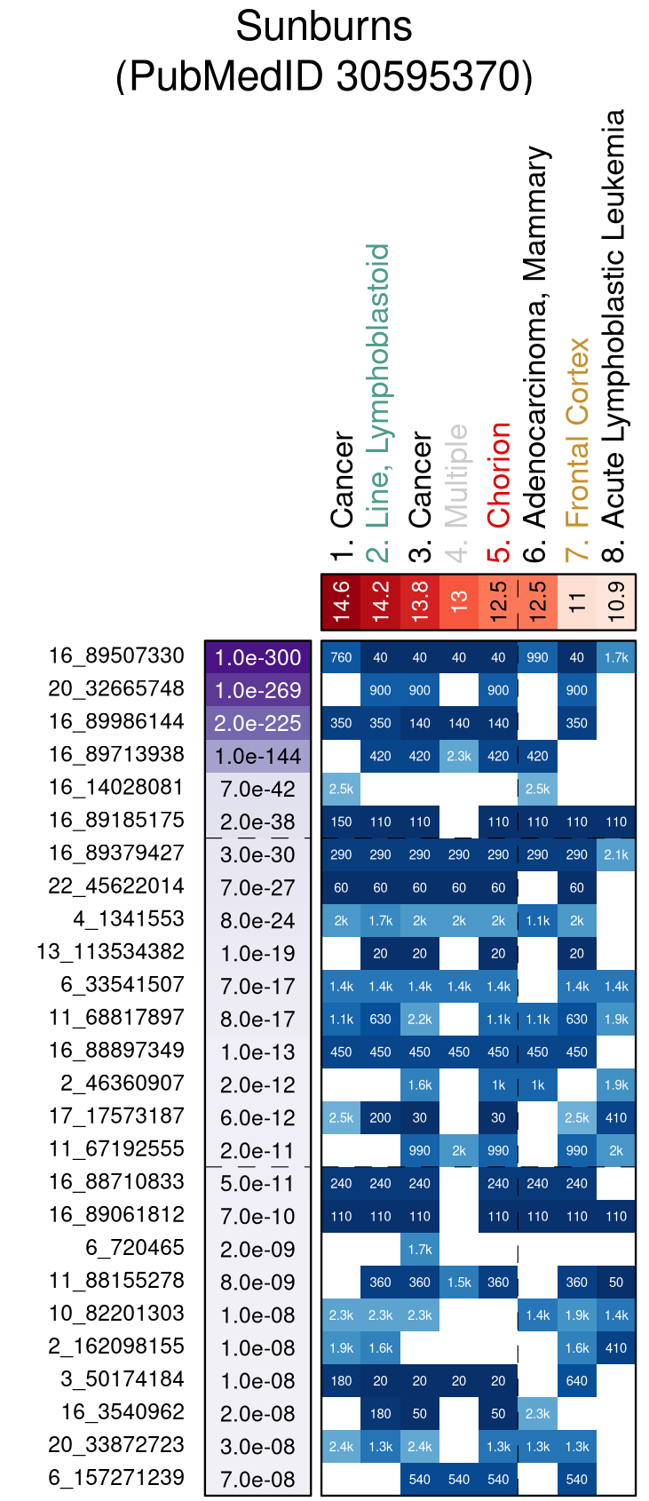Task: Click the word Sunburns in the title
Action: coord(323,27)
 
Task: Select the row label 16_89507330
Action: coord(116,656)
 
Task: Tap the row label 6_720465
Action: coord(135,1248)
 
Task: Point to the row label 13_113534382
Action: coord(110,952)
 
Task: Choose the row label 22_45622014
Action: coord(116,886)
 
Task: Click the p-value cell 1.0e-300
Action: coord(258,658)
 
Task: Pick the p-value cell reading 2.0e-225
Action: coord(258,724)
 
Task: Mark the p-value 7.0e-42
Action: coord(258,790)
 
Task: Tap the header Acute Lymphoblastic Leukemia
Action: coord(614,320)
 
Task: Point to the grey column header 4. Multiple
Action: coord(458,488)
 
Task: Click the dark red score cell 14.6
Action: coord(342,601)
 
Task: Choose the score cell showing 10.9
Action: coord(616,601)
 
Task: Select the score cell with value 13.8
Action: coord(420,601)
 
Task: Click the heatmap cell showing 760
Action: coord(342,658)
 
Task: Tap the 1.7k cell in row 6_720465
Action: coord(420,1250)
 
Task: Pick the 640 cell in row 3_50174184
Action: coord(577,1381)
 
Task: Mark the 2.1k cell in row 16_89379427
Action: coord(616,855)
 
